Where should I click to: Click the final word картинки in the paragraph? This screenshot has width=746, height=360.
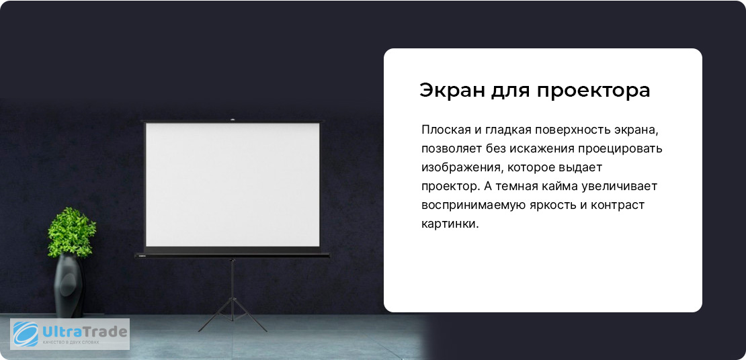450,224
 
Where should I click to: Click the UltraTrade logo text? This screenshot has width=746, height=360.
85,331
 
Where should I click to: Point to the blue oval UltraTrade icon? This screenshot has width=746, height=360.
26,334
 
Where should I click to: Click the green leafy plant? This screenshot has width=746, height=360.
71,232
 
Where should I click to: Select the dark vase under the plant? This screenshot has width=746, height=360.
69,285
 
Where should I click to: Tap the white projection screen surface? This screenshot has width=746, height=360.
232,185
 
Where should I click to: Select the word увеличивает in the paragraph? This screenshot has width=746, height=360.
620,187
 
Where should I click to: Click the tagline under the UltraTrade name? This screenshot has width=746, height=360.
71,343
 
